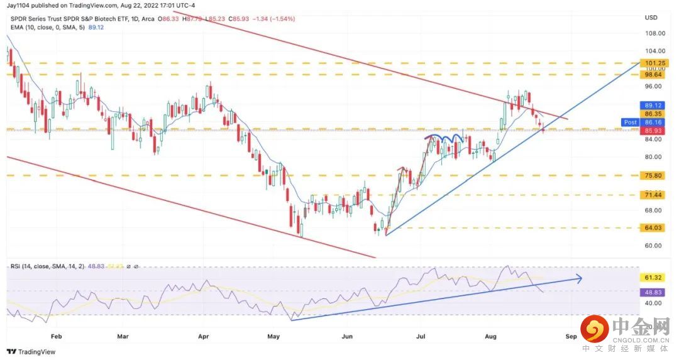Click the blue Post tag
coord(629,122)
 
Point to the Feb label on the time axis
coord(56,336)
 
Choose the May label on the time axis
coord(273,336)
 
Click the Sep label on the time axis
coord(571,336)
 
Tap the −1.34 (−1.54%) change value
coord(273,19)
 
